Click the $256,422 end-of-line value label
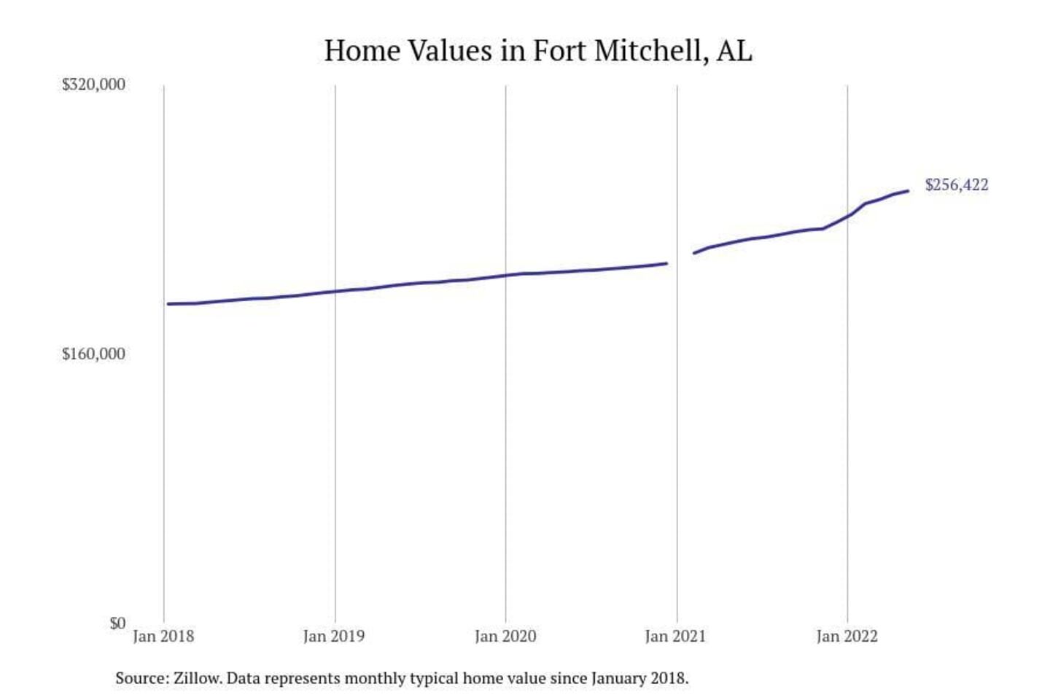(956, 184)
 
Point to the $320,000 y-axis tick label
(93, 85)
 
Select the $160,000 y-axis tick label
(93, 354)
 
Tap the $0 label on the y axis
(117, 623)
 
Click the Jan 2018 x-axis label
(163, 636)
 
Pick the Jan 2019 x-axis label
(334, 636)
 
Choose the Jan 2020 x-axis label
(505, 636)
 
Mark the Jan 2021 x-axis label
(675, 636)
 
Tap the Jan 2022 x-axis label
(847, 636)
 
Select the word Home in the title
(362, 51)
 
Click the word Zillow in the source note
(196, 678)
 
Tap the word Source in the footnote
(141, 678)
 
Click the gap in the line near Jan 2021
(680, 258)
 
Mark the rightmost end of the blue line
(908, 191)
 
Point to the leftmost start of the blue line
(168, 303)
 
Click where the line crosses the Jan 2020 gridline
(505, 276)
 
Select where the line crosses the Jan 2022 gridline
(847, 215)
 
